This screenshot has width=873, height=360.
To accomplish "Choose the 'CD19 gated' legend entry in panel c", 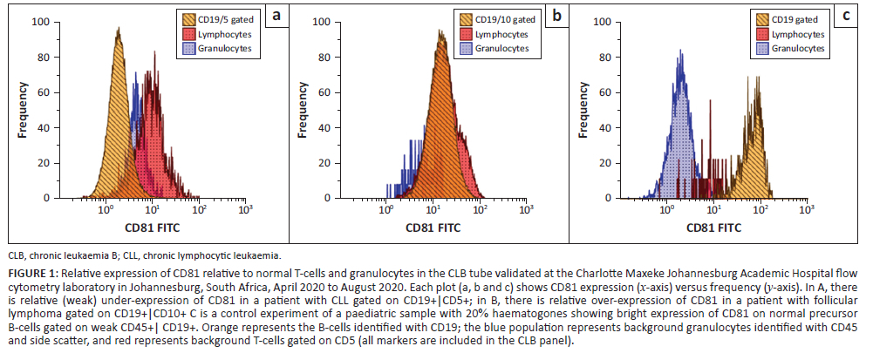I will (x=795, y=19).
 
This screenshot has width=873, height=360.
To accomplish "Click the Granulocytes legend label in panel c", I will (x=798, y=48).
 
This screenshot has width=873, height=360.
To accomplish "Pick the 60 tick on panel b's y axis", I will (x=324, y=92).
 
